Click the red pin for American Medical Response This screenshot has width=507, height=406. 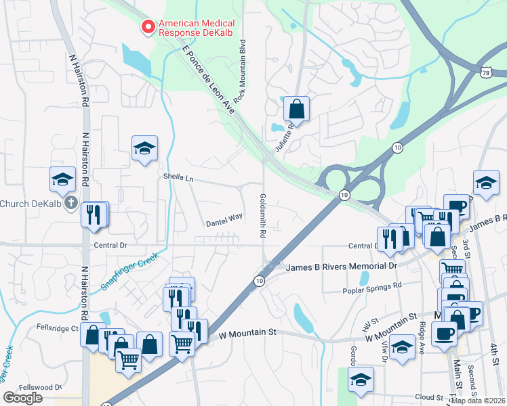[x=146, y=27]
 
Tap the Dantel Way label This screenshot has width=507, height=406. [x=224, y=219]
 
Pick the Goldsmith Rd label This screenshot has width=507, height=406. [x=262, y=216]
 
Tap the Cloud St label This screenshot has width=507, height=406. [x=429, y=397]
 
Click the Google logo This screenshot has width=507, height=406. [x=22, y=398]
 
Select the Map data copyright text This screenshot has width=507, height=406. [x=478, y=401]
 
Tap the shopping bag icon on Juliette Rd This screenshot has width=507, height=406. [x=296, y=108]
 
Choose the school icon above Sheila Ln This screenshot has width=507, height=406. [x=144, y=148]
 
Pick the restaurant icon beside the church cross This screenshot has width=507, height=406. [x=94, y=214]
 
